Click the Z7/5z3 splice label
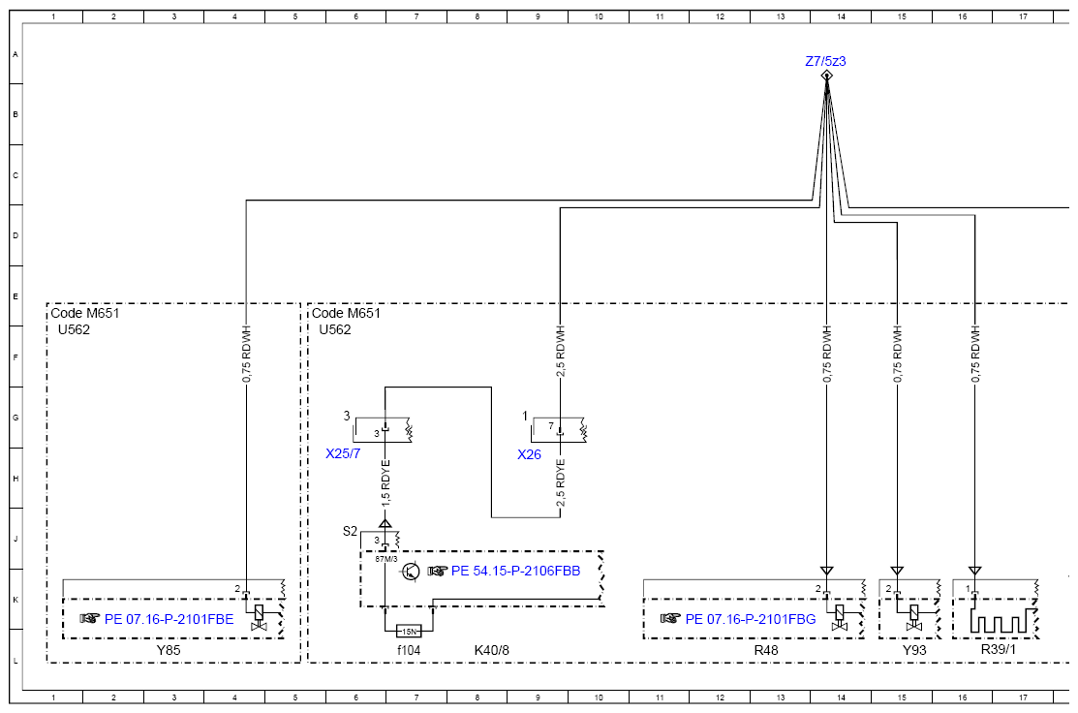pos(825,61)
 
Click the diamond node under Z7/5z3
pos(826,75)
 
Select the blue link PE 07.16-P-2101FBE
pos(169,619)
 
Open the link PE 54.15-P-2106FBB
pos(515,571)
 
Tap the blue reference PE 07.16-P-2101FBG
pos(751,619)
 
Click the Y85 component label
pos(169,650)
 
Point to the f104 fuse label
pos(409,650)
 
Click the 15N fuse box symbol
pos(409,632)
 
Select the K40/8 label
pos(492,650)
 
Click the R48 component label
pos(766,650)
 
